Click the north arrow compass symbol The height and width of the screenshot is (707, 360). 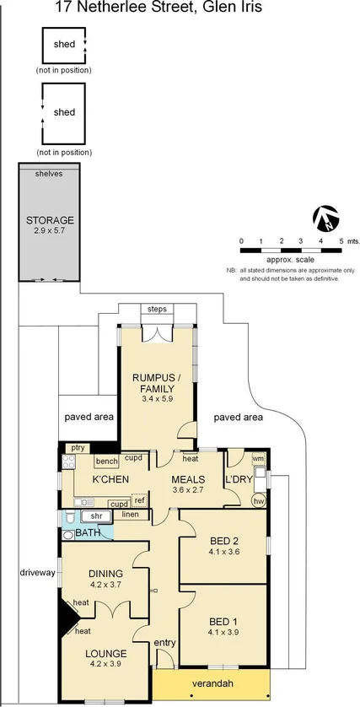326,219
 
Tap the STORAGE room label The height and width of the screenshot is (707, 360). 49,219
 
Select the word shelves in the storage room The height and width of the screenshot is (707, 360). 49,174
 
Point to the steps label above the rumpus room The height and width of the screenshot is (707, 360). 157,310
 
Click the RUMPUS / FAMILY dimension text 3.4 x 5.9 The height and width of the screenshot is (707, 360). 157,399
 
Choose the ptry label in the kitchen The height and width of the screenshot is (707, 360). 78,448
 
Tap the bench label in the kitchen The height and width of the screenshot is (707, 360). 106,461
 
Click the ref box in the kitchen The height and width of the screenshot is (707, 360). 140,500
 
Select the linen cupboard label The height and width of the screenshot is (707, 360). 130,514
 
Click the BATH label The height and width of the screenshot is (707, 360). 88,533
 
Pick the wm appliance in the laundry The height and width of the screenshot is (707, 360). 258,459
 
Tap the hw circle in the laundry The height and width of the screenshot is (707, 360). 258,501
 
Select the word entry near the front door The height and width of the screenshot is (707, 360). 165,644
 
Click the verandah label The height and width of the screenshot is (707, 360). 212,683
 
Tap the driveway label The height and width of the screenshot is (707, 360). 37,573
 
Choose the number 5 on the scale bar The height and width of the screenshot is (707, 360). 341,241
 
